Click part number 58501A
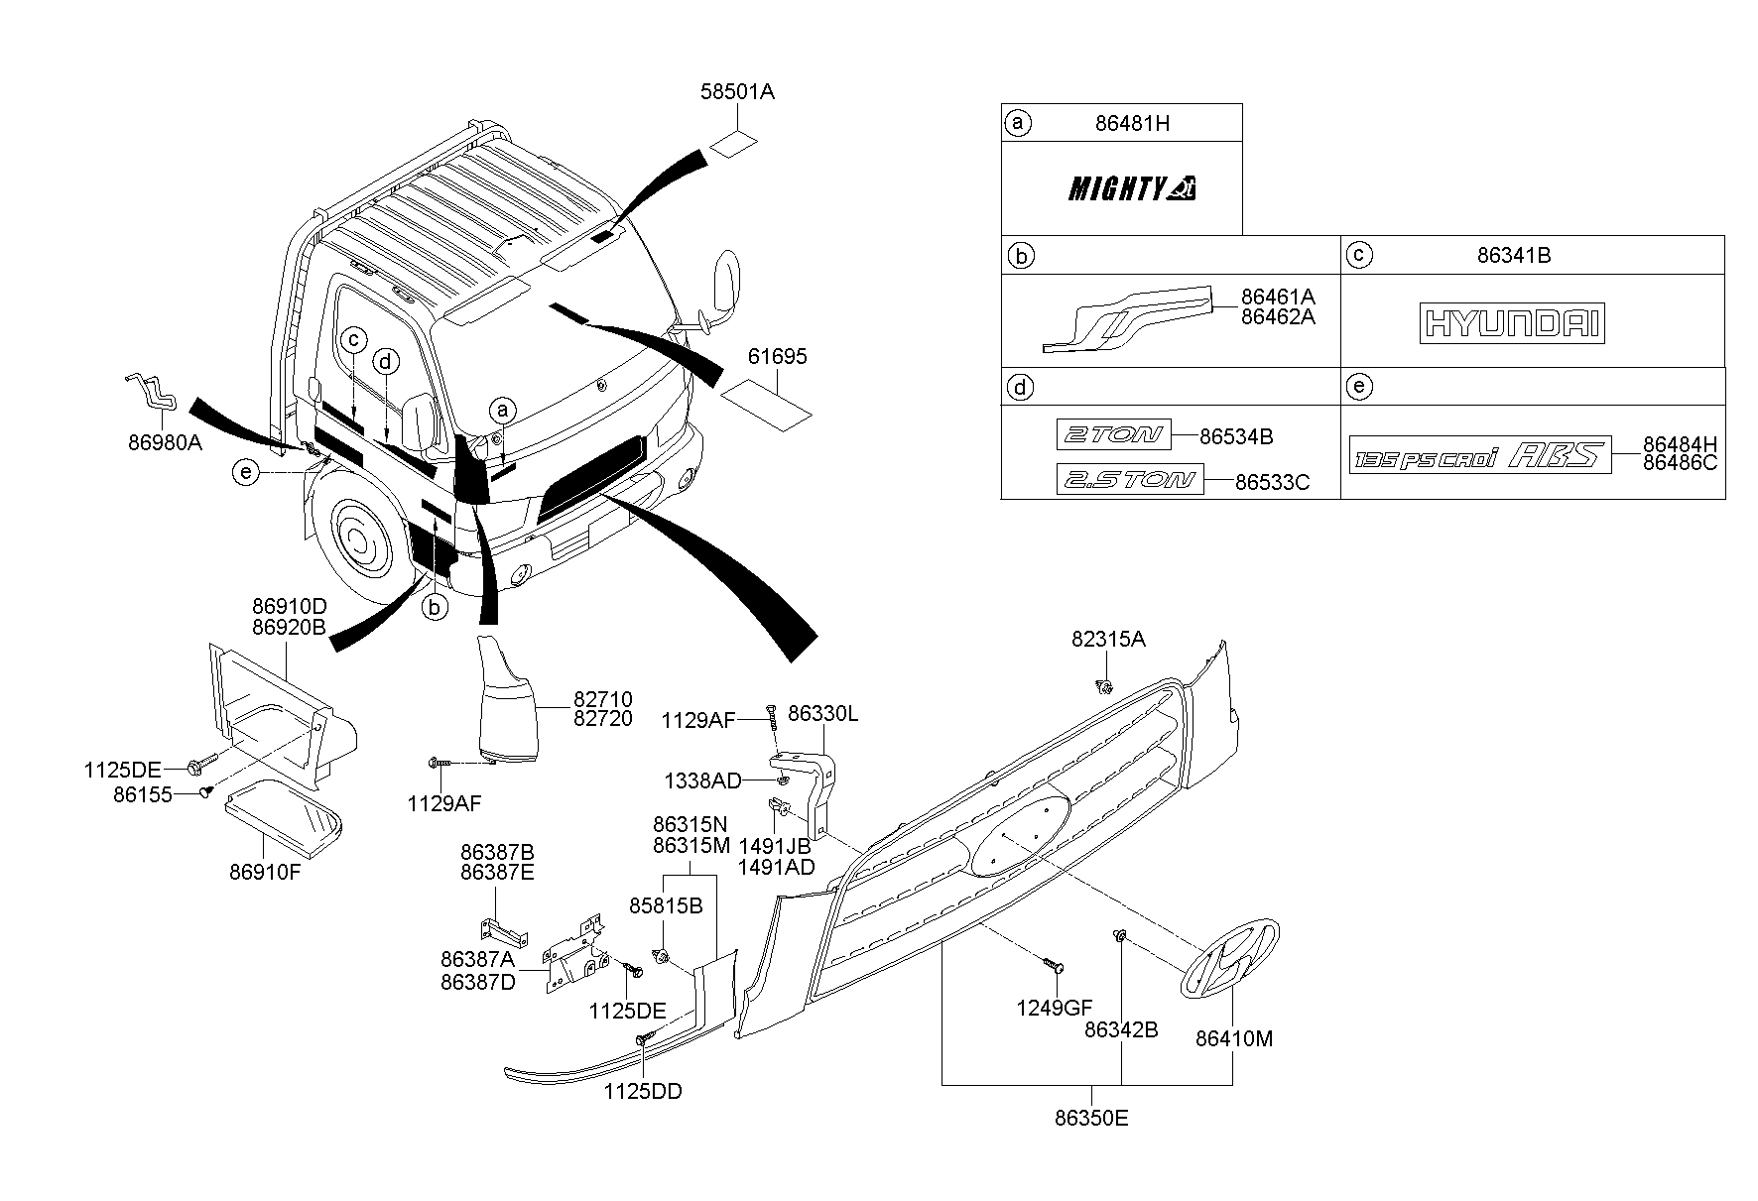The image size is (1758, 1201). point(737,92)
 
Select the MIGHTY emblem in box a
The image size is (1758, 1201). point(1131,187)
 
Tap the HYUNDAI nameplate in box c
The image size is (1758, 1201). point(1513,324)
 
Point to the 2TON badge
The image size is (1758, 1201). point(1112,434)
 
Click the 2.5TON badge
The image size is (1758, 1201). point(1129,479)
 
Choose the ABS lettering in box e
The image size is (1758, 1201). point(1556,456)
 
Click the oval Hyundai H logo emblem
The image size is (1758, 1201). point(1228,956)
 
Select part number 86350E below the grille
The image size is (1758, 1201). point(1091,1119)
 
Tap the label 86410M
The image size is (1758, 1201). point(1234,1038)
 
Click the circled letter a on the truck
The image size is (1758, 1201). point(503,410)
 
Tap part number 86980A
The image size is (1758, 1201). point(165,442)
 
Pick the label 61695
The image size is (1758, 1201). point(778,356)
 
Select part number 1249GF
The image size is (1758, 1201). point(1054,1008)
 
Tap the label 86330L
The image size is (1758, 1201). point(823,713)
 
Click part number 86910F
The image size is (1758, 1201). point(266,872)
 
